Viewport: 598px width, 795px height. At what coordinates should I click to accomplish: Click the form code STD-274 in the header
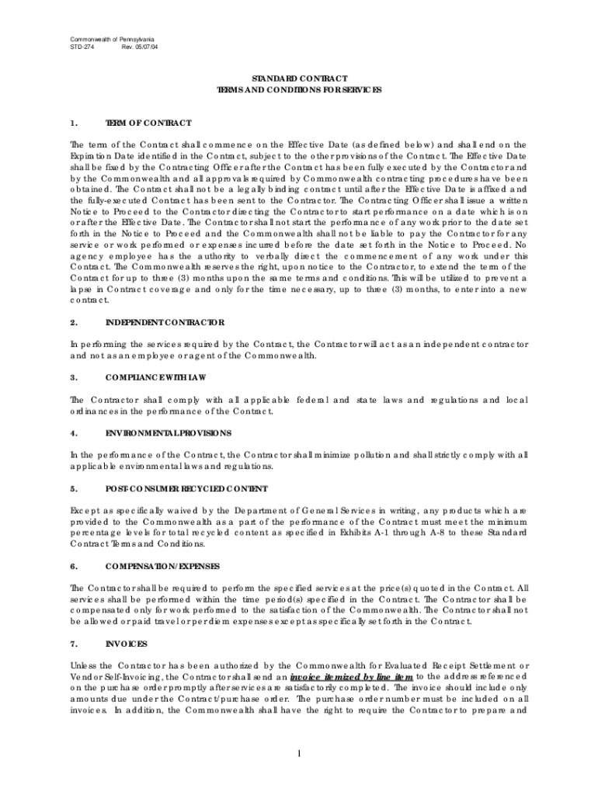coord(81,47)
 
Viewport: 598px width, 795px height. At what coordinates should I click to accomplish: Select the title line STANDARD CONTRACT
coord(299,79)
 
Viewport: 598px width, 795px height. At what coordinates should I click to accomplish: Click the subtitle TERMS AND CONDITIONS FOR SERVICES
coord(299,91)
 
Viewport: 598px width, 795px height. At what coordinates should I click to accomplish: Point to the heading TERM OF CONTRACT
coord(148,123)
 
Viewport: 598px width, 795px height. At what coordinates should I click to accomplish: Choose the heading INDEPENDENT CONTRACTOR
coord(165,321)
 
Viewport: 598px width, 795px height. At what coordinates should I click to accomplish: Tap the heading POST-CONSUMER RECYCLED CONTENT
coord(186,489)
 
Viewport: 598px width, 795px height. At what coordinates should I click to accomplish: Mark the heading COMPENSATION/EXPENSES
coord(162,567)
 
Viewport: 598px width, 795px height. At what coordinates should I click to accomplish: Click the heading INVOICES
coord(127,644)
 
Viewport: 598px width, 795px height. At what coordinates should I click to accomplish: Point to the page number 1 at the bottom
coord(299,752)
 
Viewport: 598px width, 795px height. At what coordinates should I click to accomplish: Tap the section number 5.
coord(72,489)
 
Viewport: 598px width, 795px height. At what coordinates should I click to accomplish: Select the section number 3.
coord(72,377)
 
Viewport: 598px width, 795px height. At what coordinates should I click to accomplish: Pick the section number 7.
coord(72,644)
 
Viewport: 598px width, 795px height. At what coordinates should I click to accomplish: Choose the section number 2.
coord(72,321)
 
